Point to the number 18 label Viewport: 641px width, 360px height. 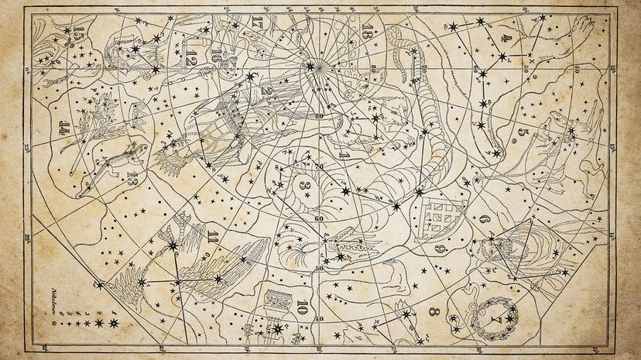click(368, 32)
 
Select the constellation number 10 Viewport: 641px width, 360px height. click(302, 304)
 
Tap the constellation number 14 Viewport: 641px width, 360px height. click(64, 129)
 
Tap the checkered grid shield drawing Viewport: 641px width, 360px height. click(438, 218)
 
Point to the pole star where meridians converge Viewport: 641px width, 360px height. click(311, 67)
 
